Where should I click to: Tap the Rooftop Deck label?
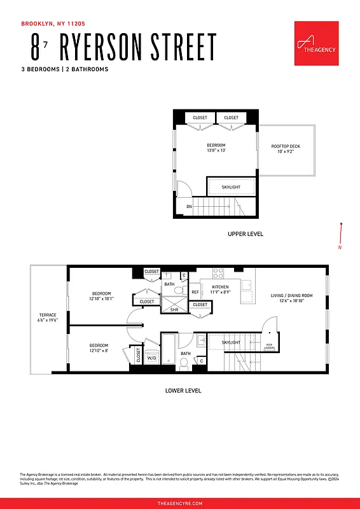(x=286, y=146)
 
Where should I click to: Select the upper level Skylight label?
(x=230, y=187)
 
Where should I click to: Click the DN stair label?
(x=189, y=207)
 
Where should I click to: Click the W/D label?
(x=152, y=358)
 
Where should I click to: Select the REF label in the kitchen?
(x=195, y=292)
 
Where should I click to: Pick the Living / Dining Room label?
(x=291, y=295)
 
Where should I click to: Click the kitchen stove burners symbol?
(x=218, y=273)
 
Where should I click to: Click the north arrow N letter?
(x=340, y=248)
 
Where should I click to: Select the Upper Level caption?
(x=246, y=234)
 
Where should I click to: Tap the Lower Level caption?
(x=183, y=390)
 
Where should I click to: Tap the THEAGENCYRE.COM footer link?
(x=180, y=503)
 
